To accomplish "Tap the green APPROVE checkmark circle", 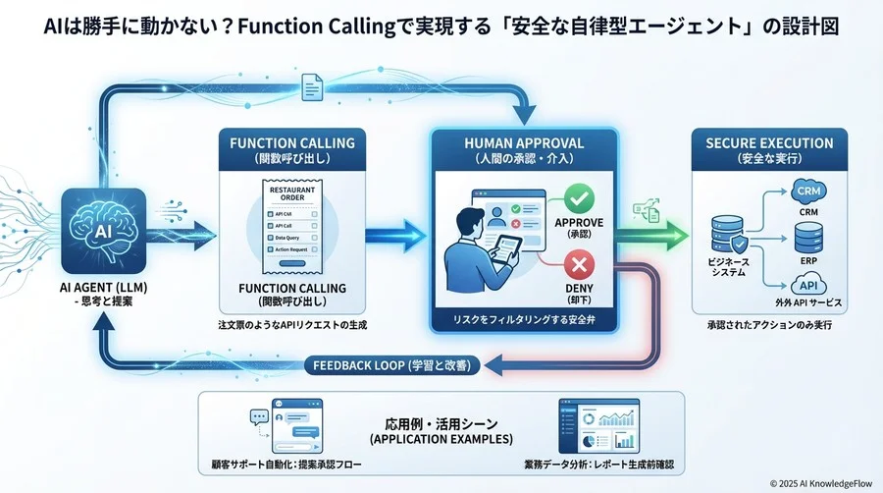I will click(580, 201).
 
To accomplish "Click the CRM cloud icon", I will click(807, 193).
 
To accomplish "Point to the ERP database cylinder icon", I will click(807, 237).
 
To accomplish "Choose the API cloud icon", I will click(807, 281).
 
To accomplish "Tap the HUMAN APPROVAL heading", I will click(524, 143).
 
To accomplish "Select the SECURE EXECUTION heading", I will click(769, 143).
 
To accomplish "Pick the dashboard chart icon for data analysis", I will click(598, 423).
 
